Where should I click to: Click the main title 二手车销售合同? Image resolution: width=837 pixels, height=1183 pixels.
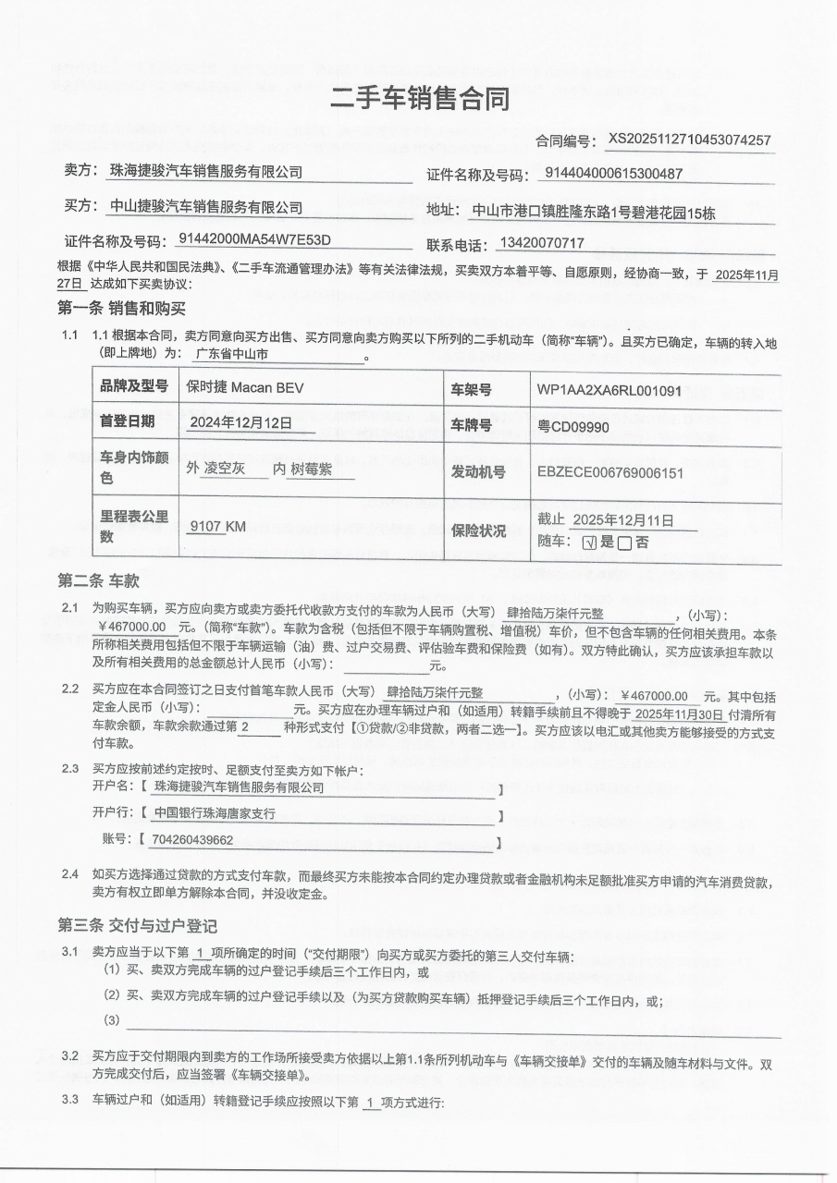tap(419, 98)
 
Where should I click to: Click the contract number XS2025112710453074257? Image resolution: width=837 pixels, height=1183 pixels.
tap(689, 140)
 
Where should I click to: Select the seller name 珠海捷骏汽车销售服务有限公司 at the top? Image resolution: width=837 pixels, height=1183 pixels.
tap(206, 172)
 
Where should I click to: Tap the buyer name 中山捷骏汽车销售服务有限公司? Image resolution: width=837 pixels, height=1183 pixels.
tap(206, 207)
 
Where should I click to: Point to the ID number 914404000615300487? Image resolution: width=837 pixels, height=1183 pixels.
tap(614, 173)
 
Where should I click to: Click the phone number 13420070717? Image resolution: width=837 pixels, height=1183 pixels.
tap(541, 243)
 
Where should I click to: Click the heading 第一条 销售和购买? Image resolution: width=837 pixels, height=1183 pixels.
tap(122, 309)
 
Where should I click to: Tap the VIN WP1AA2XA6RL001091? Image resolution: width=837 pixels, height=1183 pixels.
tap(609, 390)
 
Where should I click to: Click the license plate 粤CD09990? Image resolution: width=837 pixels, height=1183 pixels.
tap(573, 428)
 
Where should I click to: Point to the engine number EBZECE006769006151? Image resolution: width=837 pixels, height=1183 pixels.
tap(609, 472)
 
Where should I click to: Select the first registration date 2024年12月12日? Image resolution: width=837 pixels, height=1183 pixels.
tap(240, 423)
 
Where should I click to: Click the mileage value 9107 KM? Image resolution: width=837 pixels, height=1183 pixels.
tap(217, 526)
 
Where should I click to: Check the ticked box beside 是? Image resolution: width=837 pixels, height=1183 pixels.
tap(588, 543)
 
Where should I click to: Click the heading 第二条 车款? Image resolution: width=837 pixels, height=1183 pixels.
tap(98, 581)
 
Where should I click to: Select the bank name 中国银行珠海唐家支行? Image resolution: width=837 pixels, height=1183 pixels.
tap(215, 813)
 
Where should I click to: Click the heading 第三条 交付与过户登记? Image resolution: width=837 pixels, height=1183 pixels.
tap(138, 926)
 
